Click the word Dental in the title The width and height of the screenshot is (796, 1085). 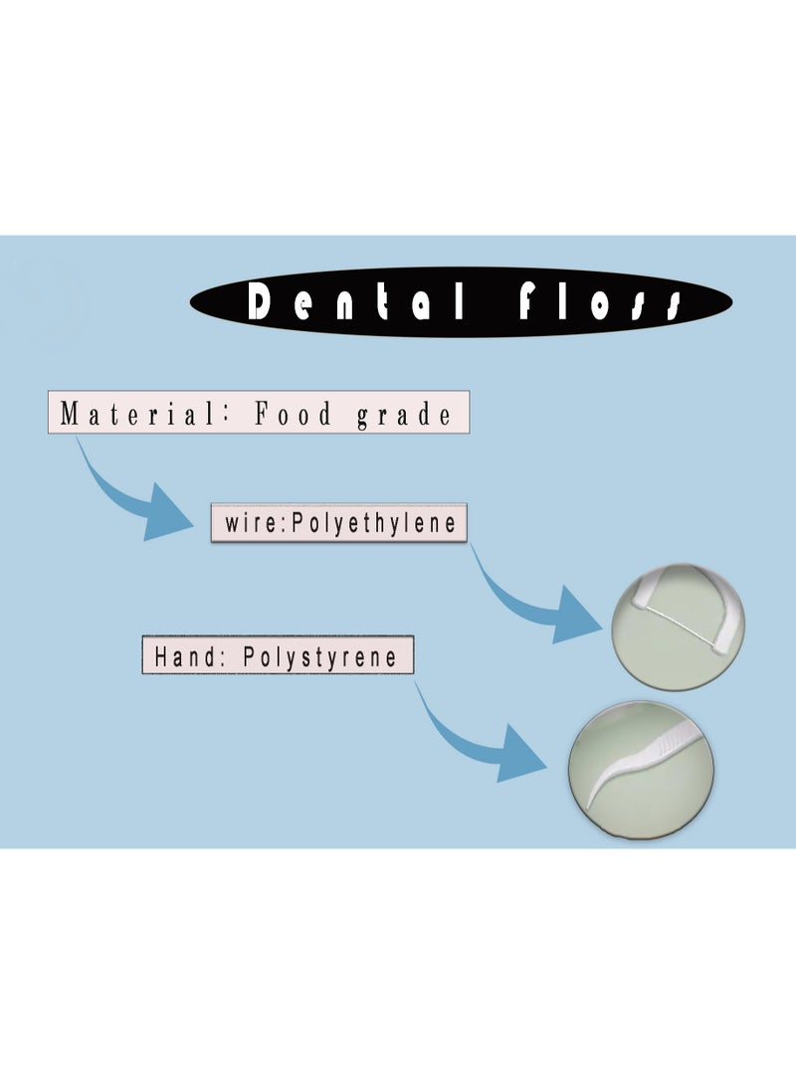354,301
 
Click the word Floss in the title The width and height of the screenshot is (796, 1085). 599,301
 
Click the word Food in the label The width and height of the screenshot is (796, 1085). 294,414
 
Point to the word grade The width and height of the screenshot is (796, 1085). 404,414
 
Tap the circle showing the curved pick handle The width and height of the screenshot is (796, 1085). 641,772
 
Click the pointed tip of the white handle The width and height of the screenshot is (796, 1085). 590,804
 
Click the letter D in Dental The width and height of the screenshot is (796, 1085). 260,301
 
